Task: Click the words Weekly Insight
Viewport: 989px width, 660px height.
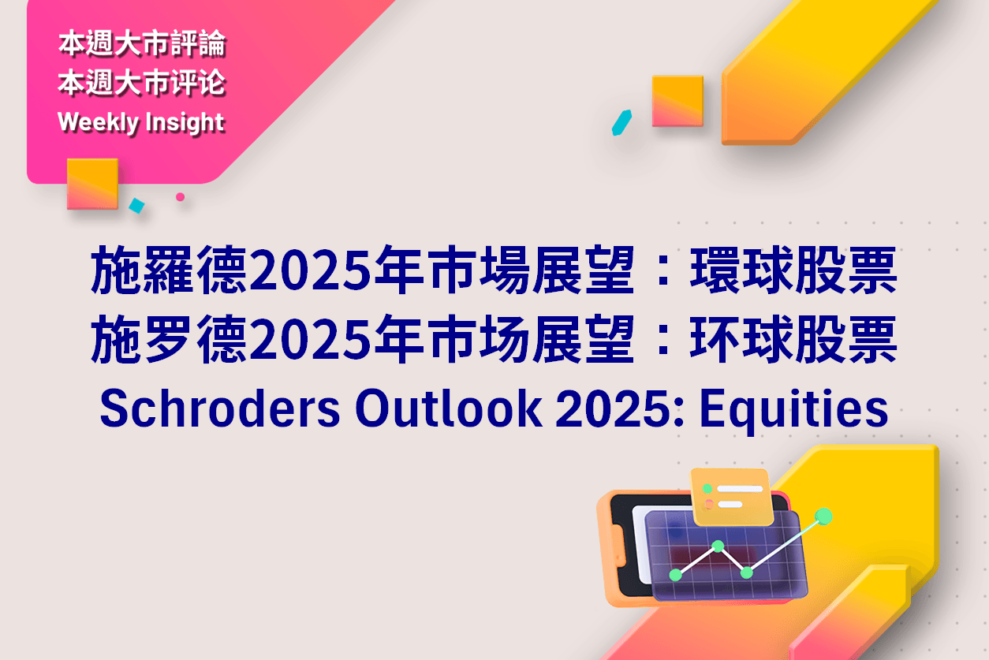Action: point(141,123)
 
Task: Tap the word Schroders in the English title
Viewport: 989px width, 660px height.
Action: point(220,408)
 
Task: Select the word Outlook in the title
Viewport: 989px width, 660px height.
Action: point(449,408)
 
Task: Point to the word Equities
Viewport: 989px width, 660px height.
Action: point(794,412)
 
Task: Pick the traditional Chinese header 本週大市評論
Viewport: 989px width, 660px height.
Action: point(142,43)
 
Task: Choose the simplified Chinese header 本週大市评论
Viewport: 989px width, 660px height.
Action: point(142,83)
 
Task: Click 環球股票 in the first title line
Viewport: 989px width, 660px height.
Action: point(793,270)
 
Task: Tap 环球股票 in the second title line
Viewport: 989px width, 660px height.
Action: point(793,340)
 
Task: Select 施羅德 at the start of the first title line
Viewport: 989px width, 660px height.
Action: point(169,270)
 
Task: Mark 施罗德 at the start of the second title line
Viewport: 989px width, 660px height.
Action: point(169,340)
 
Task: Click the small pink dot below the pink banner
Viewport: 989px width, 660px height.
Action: point(180,197)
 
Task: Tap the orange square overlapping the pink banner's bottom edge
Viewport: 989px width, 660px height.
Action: point(93,184)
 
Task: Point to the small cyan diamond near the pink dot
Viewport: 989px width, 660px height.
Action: point(137,206)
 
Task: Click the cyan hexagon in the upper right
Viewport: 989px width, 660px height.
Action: point(621,123)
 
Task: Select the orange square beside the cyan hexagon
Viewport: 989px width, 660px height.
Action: point(677,101)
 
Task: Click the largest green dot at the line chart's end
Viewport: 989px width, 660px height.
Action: point(823,516)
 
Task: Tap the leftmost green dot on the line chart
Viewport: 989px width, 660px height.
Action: point(676,575)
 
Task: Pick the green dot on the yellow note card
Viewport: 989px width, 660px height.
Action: point(707,488)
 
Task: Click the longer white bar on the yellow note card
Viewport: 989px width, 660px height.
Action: point(740,489)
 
